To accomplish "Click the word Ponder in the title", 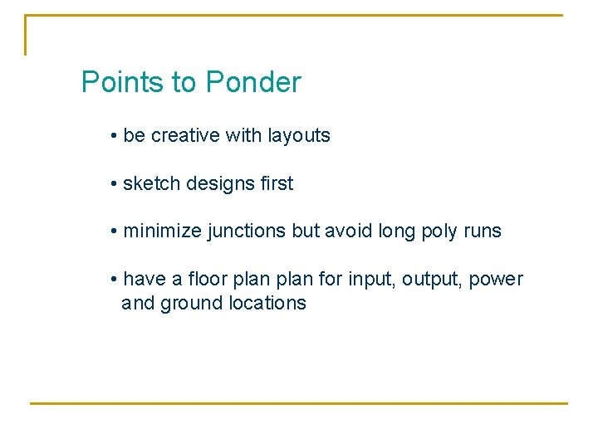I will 253,83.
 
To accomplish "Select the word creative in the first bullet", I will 184,136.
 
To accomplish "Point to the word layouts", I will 299,136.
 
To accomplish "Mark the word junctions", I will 246,231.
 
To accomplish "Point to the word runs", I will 483,231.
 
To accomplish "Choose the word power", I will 497,280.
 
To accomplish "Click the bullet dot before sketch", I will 113,184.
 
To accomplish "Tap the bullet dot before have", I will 113,280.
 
